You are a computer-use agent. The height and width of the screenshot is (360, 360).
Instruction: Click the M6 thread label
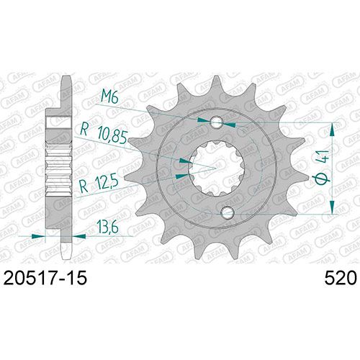tap(109, 96)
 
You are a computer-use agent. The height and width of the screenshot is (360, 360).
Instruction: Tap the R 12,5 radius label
tap(99, 184)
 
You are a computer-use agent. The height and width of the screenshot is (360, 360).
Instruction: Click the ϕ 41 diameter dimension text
tap(322, 167)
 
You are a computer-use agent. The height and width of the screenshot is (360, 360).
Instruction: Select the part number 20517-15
tap(45, 278)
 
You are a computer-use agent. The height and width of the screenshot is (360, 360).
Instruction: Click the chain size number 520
tap(341, 278)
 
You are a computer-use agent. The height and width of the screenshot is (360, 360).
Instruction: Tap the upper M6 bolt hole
tap(217, 122)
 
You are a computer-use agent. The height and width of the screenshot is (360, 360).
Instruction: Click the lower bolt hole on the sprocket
tap(228, 212)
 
